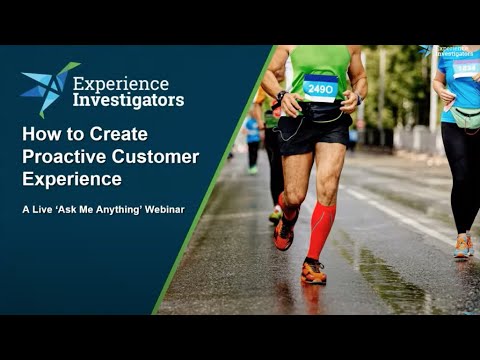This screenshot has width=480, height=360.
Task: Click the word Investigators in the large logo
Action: (128, 100)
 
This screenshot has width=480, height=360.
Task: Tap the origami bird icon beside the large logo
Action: (50, 89)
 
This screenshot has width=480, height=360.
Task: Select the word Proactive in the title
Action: (64, 157)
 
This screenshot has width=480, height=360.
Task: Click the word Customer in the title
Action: (155, 157)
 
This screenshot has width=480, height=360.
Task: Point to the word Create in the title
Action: (118, 134)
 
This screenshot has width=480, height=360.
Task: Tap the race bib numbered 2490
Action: (320, 88)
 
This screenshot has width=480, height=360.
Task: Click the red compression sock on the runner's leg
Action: (320, 229)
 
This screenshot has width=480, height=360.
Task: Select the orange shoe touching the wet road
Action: (313, 271)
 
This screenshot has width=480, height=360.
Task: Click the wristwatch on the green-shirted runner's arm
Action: (281, 96)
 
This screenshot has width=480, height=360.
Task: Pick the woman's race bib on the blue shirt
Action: (466, 69)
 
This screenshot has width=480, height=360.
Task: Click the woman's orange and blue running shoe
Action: (463, 246)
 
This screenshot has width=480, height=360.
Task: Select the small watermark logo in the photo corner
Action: (446, 51)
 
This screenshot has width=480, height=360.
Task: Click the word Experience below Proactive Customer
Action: (72, 179)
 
